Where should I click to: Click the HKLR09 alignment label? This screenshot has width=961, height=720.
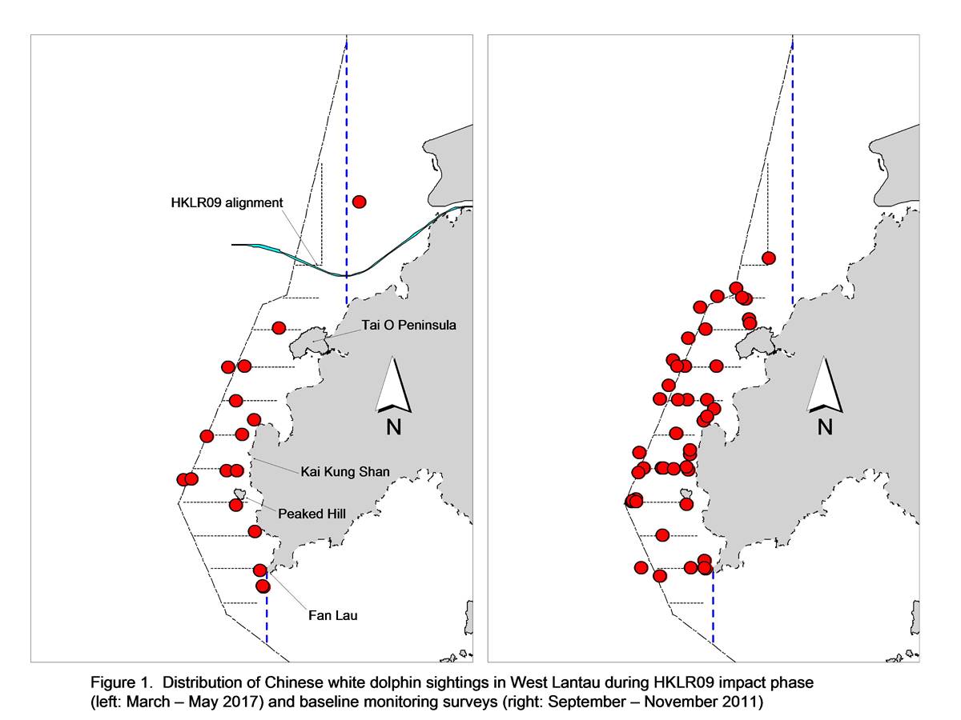(227, 203)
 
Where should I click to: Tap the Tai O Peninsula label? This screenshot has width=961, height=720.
(408, 326)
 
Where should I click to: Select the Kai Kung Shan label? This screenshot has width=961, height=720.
(345, 472)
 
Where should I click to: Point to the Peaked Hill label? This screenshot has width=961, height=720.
(312, 514)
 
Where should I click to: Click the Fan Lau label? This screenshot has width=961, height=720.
(332, 615)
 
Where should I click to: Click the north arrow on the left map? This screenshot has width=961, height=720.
(393, 385)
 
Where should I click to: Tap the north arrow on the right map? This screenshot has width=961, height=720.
(824, 385)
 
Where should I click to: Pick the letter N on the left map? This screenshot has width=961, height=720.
(393, 426)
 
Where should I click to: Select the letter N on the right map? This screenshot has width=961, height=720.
(825, 426)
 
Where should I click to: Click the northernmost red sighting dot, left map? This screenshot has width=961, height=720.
(359, 202)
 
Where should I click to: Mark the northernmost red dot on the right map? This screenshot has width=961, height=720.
(768, 258)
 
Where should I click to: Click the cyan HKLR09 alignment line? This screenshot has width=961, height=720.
(347, 275)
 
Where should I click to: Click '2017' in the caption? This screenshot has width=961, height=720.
(243, 702)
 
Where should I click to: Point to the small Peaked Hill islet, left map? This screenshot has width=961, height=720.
(239, 494)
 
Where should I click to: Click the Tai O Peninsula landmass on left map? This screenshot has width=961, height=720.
(309, 342)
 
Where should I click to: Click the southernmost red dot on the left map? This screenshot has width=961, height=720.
(263, 586)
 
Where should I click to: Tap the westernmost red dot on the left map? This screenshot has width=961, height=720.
(183, 479)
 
